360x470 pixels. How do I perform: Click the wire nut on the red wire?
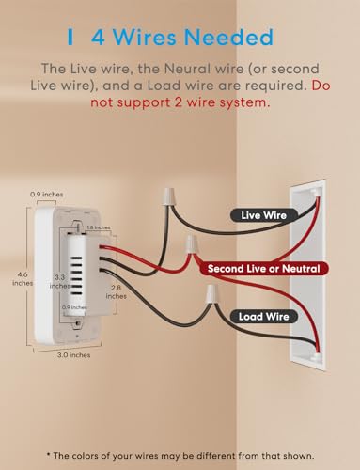click(x=193, y=246)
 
